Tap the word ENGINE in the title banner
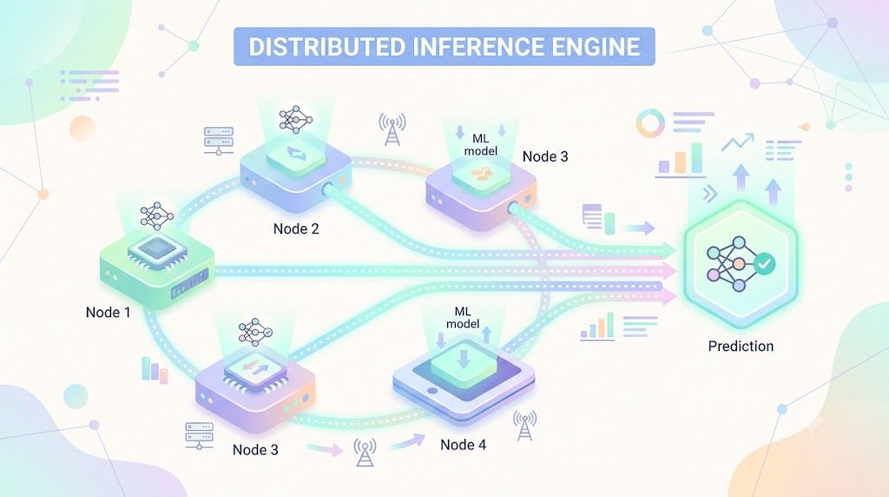[x=591, y=47]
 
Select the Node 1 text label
[x=108, y=312]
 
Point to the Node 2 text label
[x=296, y=229]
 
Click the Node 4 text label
[x=464, y=445]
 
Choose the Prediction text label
[x=741, y=346]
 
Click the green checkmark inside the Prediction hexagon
[x=764, y=263]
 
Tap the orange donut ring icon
[x=649, y=123]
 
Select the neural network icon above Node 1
[x=157, y=216]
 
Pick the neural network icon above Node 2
[x=295, y=119]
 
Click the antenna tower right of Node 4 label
[x=525, y=426]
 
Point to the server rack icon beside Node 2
[x=218, y=141]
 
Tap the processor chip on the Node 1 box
[x=157, y=250]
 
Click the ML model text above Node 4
[x=463, y=318]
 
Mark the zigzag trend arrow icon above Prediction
[x=738, y=142]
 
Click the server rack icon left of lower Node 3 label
[x=199, y=435]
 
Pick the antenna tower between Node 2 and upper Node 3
[x=392, y=129]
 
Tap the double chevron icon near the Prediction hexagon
[x=710, y=194]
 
